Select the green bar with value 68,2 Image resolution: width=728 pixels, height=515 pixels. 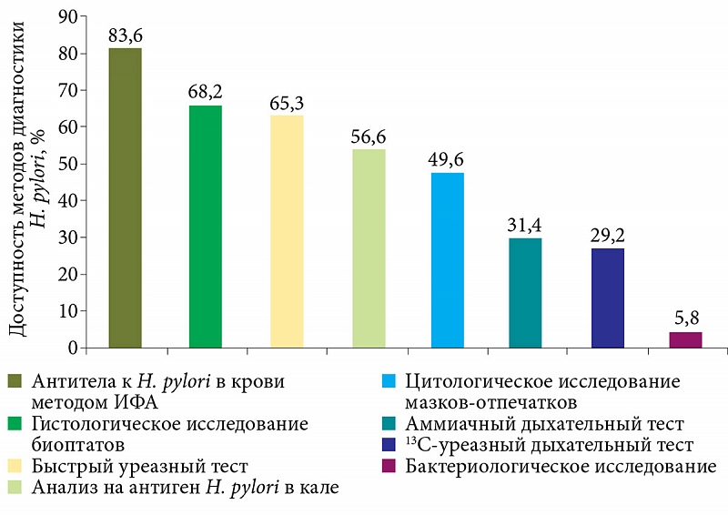pos(206,227)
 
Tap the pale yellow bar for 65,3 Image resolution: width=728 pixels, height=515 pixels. pos(288,232)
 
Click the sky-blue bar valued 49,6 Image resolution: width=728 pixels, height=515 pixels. pos(448,260)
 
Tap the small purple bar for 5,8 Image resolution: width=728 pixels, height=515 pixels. pos(686,339)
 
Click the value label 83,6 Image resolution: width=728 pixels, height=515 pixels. pos(126,35)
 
